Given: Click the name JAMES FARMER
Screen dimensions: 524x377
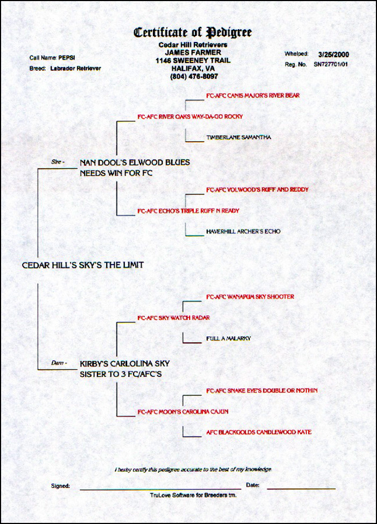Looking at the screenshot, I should pyautogui.click(x=192, y=52).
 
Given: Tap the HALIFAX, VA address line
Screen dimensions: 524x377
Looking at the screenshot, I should pyautogui.click(x=192, y=68).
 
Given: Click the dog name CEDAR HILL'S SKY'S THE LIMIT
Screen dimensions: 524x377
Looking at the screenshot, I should pyautogui.click(x=83, y=265).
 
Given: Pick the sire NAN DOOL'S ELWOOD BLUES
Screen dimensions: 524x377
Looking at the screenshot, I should pyautogui.click(x=135, y=162).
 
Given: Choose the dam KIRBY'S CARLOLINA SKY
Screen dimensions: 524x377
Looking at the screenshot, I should pyautogui.click(x=124, y=363).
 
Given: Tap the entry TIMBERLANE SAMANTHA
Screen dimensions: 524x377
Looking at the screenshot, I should pyautogui.click(x=239, y=137).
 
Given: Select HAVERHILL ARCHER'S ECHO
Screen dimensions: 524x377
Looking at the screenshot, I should pyautogui.click(x=243, y=231).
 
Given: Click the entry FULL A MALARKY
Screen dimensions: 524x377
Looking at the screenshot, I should pyautogui.click(x=228, y=339).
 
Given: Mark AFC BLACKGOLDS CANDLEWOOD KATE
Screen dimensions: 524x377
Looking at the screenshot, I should pyautogui.click(x=259, y=432).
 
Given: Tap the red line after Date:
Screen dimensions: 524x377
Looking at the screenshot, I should pyautogui.click(x=301, y=489).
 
